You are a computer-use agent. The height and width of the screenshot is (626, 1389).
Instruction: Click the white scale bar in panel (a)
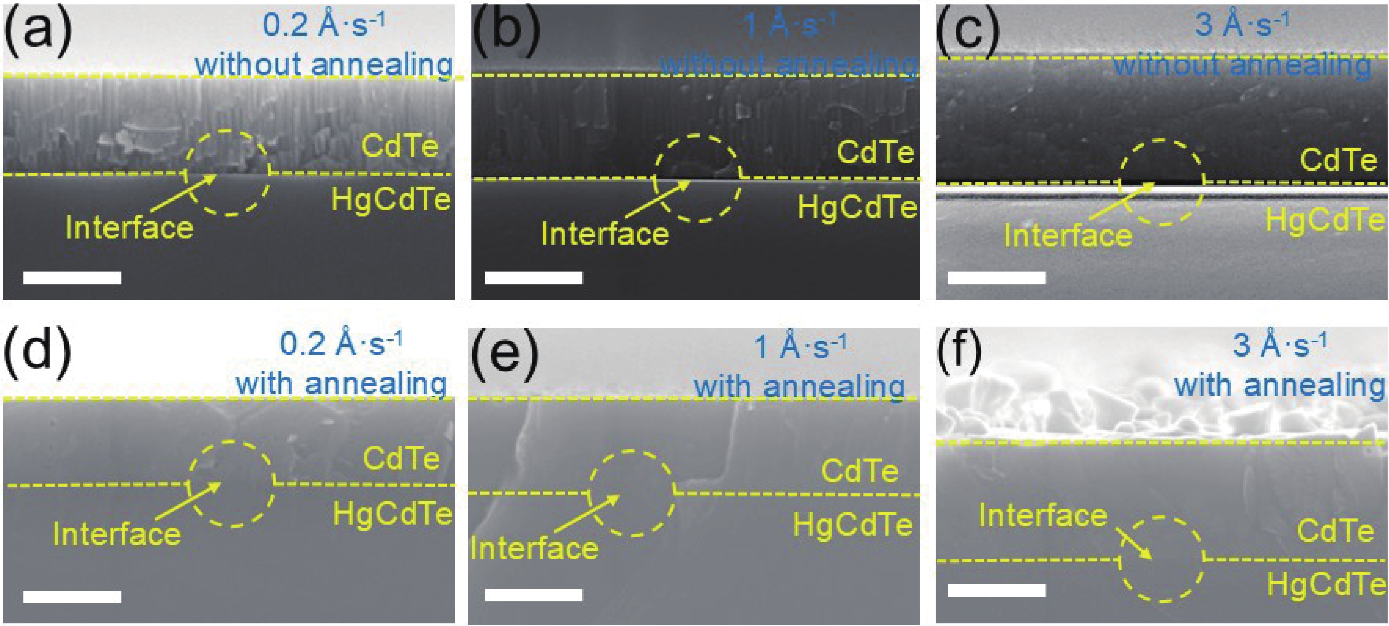tap(72, 278)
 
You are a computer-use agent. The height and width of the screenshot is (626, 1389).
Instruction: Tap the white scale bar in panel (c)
tap(997, 278)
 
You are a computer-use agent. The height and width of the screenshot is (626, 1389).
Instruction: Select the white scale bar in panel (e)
tap(533, 595)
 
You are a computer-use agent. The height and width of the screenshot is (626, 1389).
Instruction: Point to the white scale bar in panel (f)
tap(997, 590)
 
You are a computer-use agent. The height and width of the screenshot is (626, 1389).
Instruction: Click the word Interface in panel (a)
tap(129, 227)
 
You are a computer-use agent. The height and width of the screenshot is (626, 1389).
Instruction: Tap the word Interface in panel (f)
tap(1043, 515)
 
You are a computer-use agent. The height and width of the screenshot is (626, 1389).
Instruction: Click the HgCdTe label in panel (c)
tap(1326, 220)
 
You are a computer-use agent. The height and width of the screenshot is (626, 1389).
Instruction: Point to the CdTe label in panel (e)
tap(859, 471)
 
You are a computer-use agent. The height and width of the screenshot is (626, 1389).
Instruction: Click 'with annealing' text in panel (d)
tap(341, 384)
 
